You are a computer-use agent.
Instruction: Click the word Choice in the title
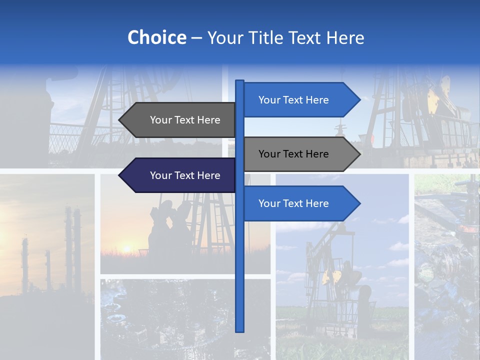pyautogui.click(x=156, y=38)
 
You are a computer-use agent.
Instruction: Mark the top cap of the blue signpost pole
pyautogui.click(x=239, y=81)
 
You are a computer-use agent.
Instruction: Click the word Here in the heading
pyautogui.click(x=345, y=38)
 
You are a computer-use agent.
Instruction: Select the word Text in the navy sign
pyautogui.click(x=185, y=175)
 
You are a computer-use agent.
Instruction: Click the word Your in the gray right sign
pyautogui.click(x=269, y=154)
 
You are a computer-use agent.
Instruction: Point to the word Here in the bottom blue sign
pyautogui.click(x=317, y=203)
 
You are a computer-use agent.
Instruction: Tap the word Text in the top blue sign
pyautogui.click(x=294, y=100)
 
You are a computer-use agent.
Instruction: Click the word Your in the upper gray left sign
pyautogui.click(x=160, y=120)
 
